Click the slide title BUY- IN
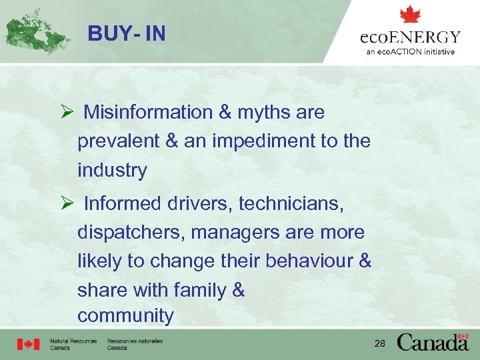point(126,33)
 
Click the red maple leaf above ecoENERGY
point(410,15)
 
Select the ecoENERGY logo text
point(411,37)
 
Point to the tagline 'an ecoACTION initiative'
point(411,52)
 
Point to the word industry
point(112,171)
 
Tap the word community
point(125,315)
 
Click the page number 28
point(380,343)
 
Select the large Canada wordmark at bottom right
point(433,343)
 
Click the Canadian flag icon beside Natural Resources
point(29,345)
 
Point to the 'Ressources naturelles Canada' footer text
point(135,345)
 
